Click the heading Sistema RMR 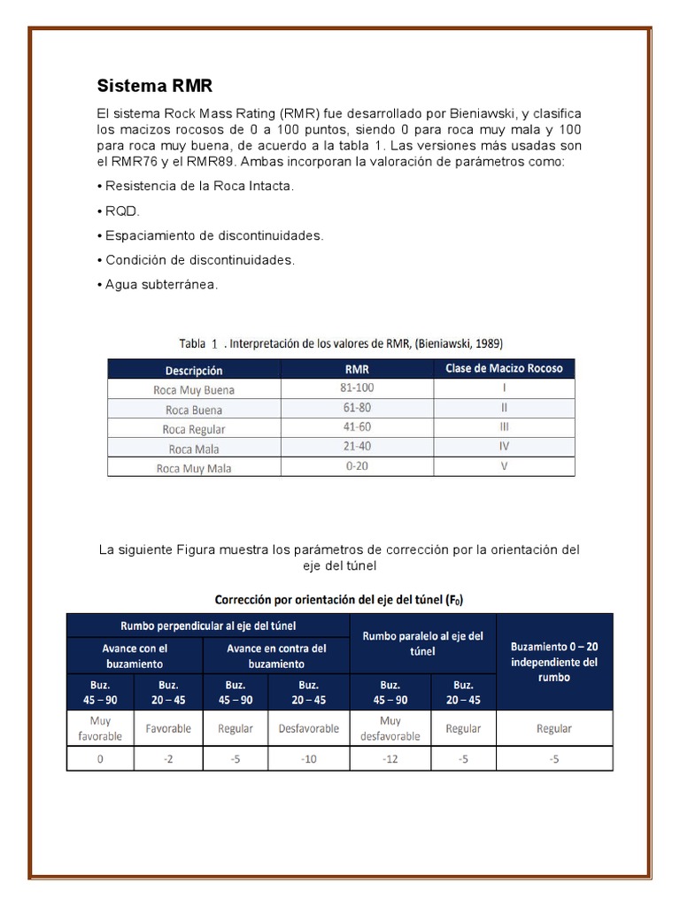click(155, 86)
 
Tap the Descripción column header click(194, 370)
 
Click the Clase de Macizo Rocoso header click(504, 368)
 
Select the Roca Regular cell click(194, 429)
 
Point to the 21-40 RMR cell click(357, 447)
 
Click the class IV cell click(504, 447)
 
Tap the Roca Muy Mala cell click(194, 468)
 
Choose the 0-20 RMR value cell click(357, 466)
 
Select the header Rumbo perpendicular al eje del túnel click(208, 624)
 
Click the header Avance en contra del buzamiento click(276, 655)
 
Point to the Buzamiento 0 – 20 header click(554, 662)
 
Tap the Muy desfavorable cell click(390, 728)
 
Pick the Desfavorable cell click(308, 729)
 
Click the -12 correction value click(390, 758)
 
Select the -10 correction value click(308, 758)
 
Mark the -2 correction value click(168, 758)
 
